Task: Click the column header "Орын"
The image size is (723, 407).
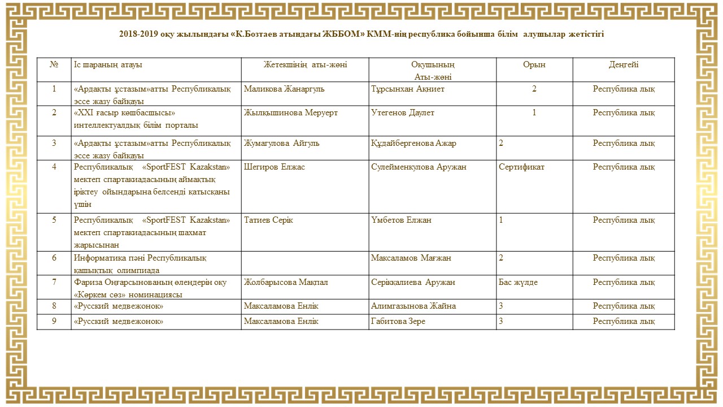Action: [x=534, y=65]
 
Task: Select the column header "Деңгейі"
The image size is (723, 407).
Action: [x=624, y=65]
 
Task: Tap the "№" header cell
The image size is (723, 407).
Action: [x=54, y=65]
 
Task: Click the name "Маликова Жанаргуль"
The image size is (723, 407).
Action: [x=284, y=89]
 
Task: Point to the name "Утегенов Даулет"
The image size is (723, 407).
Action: [x=403, y=113]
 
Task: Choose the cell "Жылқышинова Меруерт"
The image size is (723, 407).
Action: [x=291, y=113]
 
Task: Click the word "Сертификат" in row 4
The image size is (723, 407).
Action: [x=521, y=167]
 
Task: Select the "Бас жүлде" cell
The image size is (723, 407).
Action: [x=518, y=282]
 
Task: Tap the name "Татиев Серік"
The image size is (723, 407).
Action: [x=269, y=220]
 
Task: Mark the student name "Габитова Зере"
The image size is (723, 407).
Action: [x=398, y=321]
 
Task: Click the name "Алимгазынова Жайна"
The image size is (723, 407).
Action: [x=413, y=306]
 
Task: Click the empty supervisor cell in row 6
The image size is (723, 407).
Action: [x=305, y=263]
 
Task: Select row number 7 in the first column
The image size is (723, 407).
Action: [x=54, y=282]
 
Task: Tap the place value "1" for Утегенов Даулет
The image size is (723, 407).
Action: [x=534, y=113]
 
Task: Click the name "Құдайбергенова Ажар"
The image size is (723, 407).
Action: [x=414, y=143]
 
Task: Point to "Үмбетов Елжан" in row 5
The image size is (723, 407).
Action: [x=401, y=220]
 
